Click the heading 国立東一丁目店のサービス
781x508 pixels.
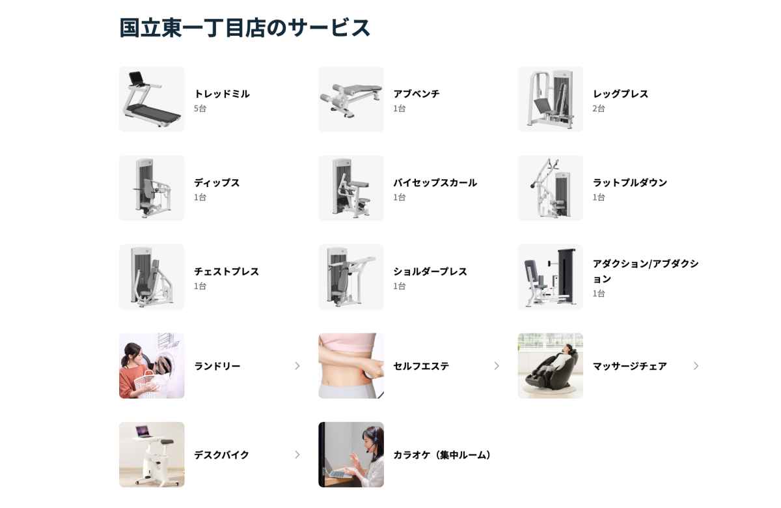245,28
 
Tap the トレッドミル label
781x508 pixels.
222,94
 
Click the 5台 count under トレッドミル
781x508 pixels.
200,109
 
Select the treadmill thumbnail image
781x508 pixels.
152,100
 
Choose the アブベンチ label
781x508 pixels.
417,94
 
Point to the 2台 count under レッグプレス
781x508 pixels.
599,109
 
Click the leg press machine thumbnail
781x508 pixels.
550,100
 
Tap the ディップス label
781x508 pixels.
217,182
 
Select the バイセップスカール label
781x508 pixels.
435,182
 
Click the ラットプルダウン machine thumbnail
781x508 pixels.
550,188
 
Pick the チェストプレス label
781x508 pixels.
226,272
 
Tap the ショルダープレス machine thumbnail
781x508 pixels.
351,277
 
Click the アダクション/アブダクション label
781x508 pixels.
646,271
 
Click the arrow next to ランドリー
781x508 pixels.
297,365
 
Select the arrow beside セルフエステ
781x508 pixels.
497,365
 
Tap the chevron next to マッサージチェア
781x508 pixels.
696,365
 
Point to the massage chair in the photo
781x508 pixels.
553,369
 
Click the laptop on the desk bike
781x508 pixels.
143,432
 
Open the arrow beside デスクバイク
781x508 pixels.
297,455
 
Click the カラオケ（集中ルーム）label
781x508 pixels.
443,455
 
